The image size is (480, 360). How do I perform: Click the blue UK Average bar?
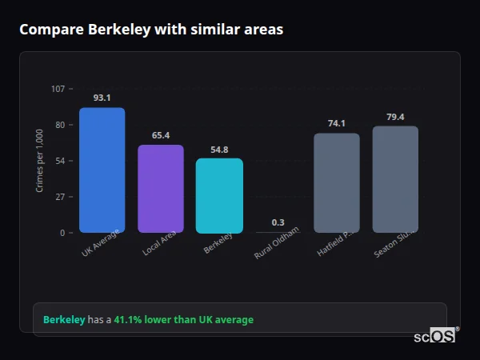coord(102,170)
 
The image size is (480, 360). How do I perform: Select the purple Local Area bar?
coord(161,189)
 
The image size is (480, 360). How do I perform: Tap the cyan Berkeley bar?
coord(219,196)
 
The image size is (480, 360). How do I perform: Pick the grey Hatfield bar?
coord(336,183)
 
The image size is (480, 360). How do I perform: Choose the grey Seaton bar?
coord(395,179)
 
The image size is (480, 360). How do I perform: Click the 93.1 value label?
coord(102,98)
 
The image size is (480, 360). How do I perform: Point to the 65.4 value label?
coord(161,135)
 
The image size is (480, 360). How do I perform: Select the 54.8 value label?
coord(219,149)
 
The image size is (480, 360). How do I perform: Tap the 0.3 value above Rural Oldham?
coord(278,222)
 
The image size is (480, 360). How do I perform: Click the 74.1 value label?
coord(336,123)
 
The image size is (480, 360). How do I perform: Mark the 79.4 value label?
coord(395,117)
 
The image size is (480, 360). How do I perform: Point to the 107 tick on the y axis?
coord(58,89)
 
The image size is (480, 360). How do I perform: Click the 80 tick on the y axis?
coord(60,125)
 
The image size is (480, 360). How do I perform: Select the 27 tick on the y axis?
coord(60,197)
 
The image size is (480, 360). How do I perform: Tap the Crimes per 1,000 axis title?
coord(40,161)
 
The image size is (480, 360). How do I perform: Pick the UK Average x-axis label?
coord(100,243)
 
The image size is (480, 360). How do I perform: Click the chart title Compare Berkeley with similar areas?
coord(151,30)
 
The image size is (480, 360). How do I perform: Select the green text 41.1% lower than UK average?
coord(183,320)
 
